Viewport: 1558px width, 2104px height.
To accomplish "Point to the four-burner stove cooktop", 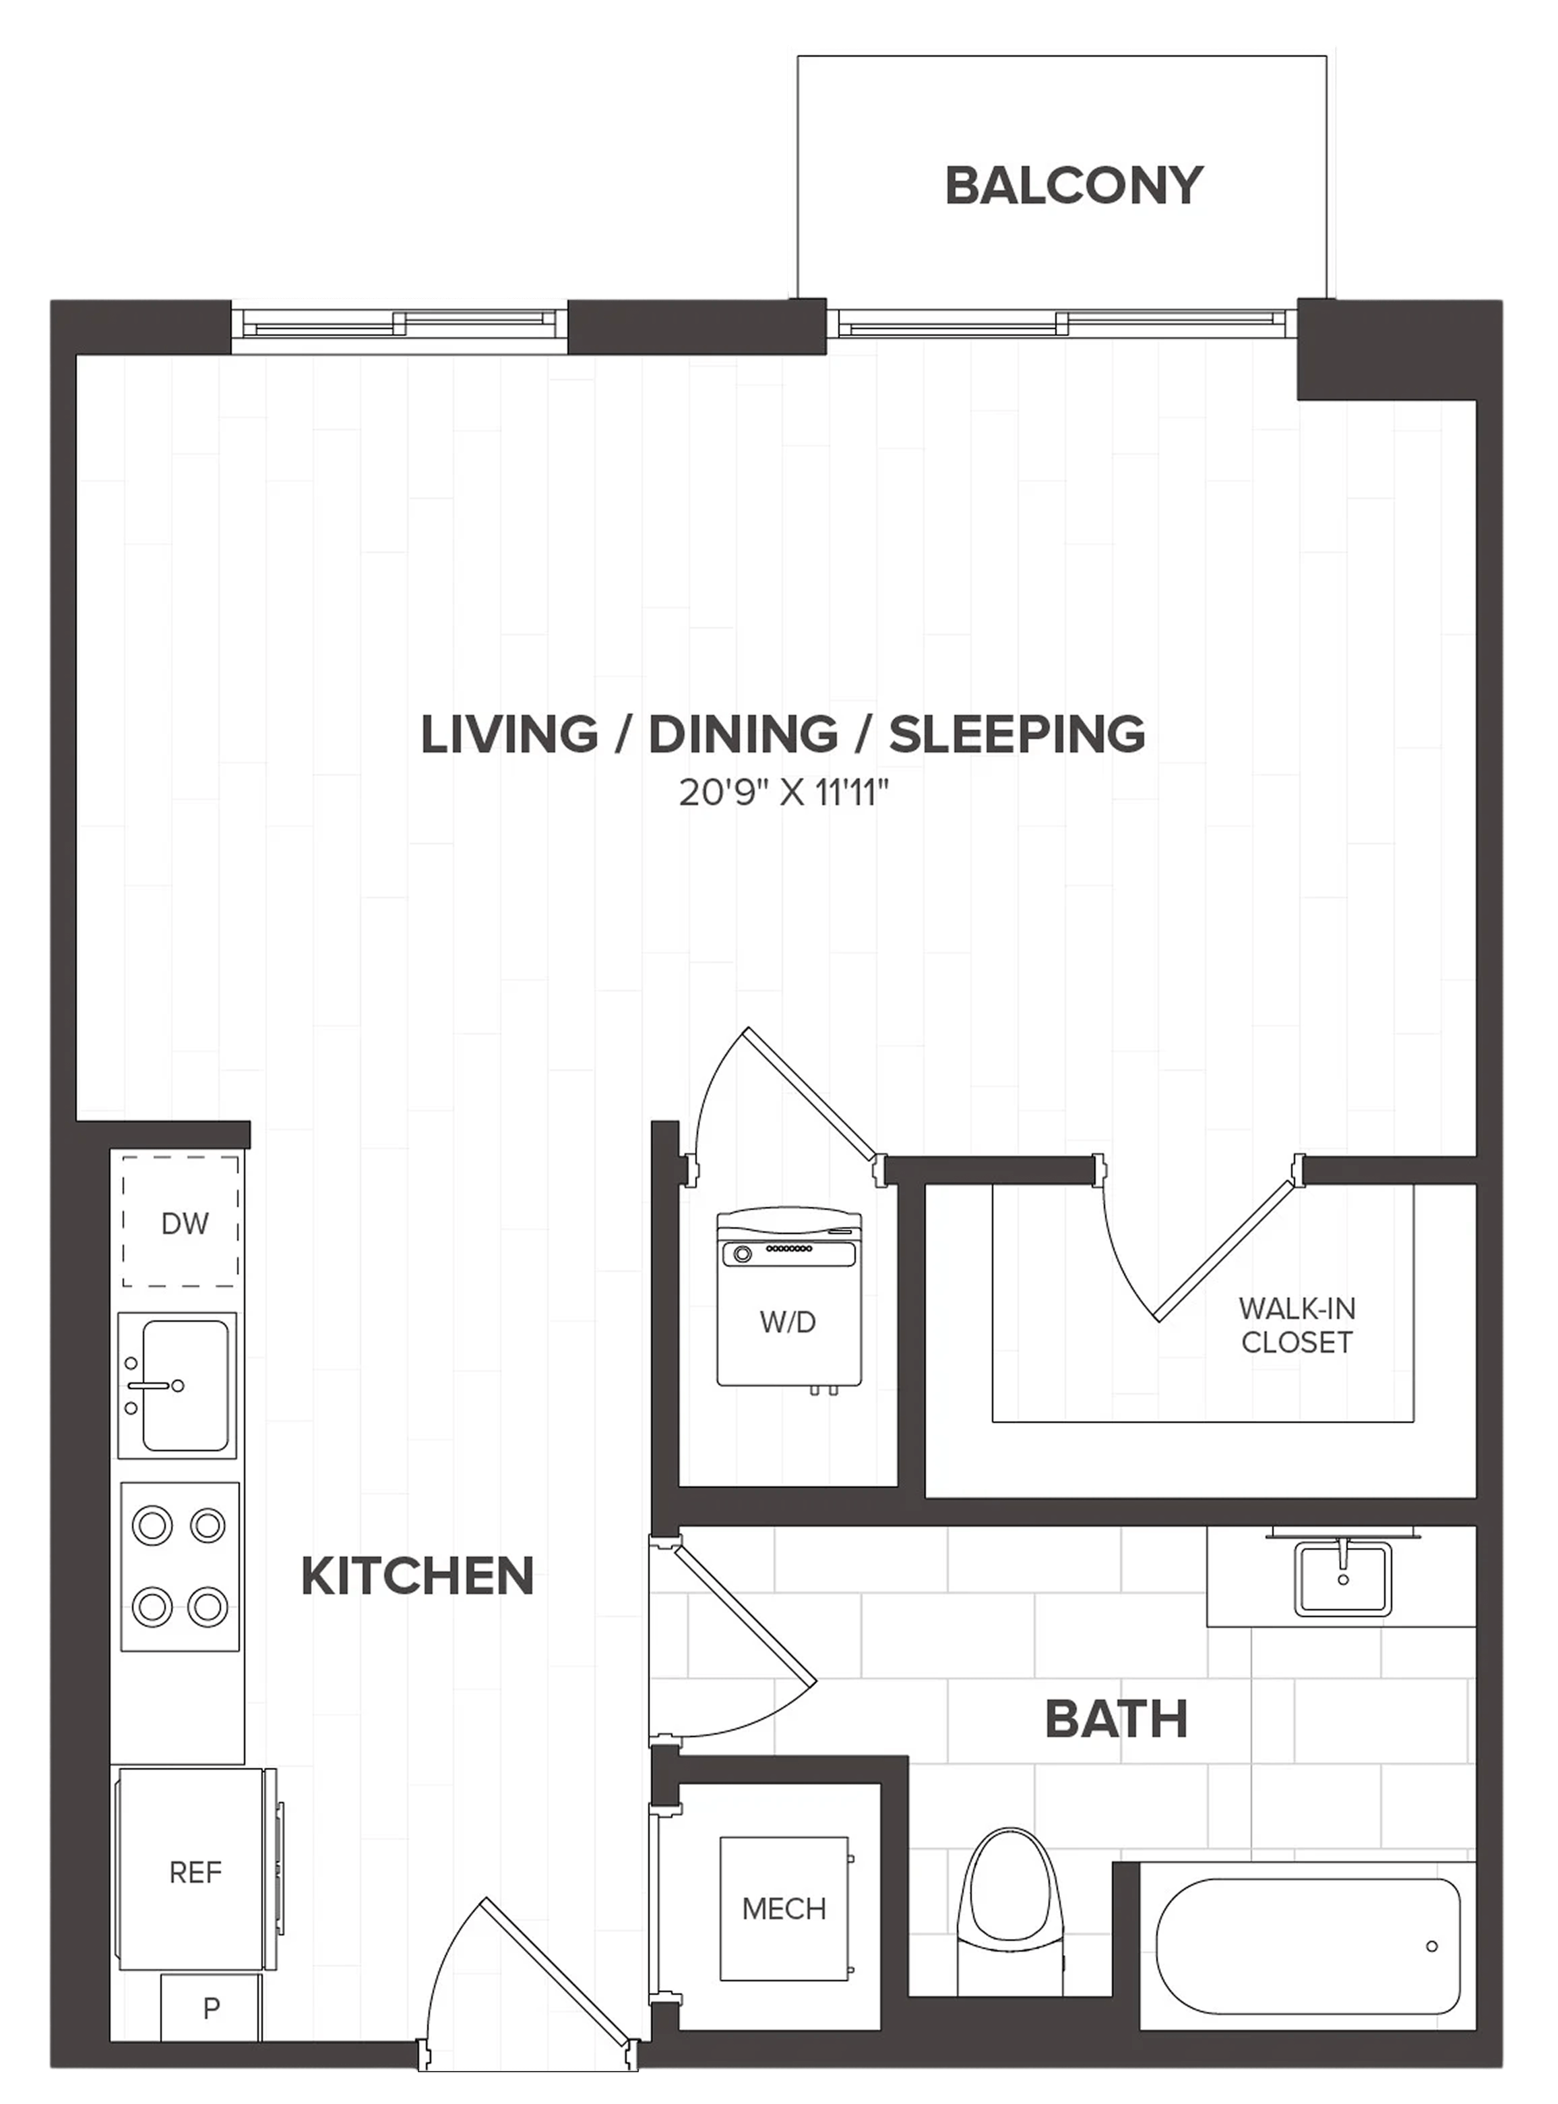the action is pyautogui.click(x=179, y=1567).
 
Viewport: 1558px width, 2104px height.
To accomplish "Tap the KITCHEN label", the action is pyautogui.click(x=417, y=1576).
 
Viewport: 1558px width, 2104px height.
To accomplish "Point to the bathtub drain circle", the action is pyautogui.click(x=1431, y=1946).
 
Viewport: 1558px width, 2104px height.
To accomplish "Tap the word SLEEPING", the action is pyautogui.click(x=1017, y=734).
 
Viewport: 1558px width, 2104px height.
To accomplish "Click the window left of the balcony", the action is pyautogui.click(x=400, y=326).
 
